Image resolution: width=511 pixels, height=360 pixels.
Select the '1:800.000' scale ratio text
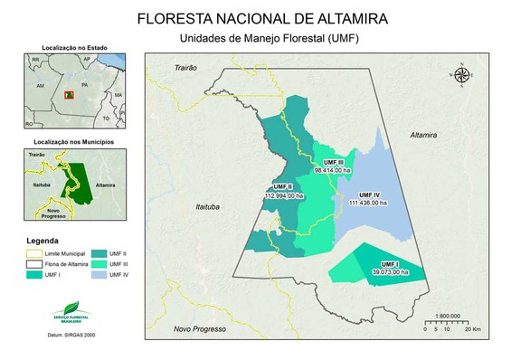[450, 316]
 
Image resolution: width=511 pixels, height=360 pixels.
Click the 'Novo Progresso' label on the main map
[199, 329]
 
